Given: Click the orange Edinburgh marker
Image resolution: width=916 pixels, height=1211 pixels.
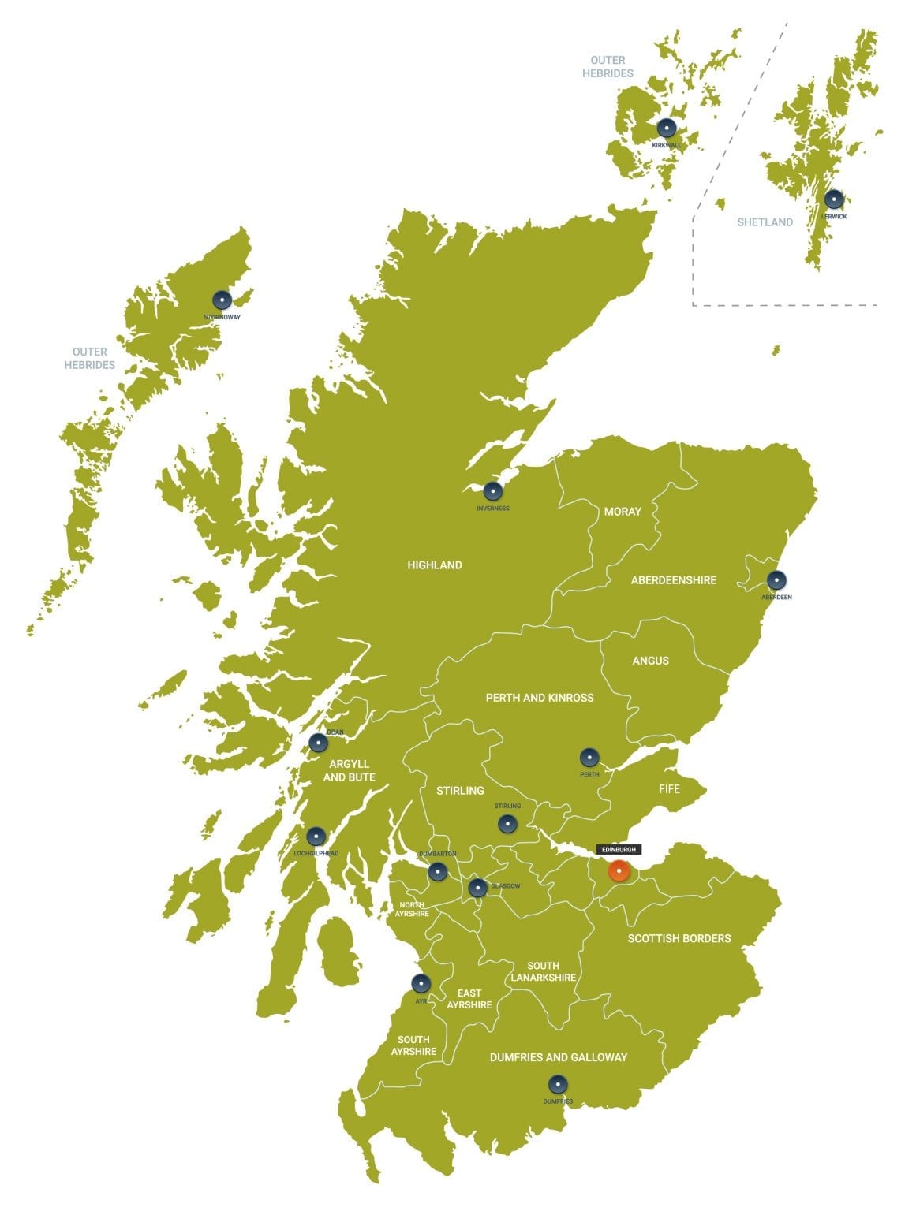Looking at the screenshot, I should [619, 871].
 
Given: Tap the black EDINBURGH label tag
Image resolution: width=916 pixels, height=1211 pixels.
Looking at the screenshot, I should [618, 849].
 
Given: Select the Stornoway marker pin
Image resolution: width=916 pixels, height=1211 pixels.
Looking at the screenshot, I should [222, 300].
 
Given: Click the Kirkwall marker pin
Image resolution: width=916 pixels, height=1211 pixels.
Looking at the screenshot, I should [667, 128].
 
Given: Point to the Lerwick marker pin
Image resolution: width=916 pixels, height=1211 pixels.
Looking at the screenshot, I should [834, 199].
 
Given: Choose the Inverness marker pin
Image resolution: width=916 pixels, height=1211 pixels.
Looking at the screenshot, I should [493, 491].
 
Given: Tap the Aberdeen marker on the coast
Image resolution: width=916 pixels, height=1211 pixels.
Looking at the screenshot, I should [776, 580].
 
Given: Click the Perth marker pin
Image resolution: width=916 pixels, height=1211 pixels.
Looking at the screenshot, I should [589, 758].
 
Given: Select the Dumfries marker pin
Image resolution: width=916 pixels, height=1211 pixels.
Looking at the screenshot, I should [558, 1085].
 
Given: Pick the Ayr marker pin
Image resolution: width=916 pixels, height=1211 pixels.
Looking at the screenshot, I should [421, 983].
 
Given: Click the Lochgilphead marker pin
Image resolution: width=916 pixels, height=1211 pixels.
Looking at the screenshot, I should [316, 837].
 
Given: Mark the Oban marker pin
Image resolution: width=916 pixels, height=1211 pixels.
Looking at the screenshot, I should [318, 743].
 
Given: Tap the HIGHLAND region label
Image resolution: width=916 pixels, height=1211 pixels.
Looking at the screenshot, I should [435, 565].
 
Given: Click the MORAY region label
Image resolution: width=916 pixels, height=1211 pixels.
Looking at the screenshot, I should [623, 512].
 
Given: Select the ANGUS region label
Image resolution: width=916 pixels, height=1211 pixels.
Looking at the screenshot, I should [650, 661].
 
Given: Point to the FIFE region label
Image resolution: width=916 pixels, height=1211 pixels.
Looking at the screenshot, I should [669, 788].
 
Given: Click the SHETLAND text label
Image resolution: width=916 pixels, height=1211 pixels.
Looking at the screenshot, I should [765, 222].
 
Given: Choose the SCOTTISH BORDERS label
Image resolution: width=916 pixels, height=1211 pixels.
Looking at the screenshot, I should [679, 938].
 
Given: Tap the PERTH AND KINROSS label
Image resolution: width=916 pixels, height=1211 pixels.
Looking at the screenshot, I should [540, 698].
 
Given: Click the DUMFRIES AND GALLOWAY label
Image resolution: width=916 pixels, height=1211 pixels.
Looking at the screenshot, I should [558, 1057].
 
